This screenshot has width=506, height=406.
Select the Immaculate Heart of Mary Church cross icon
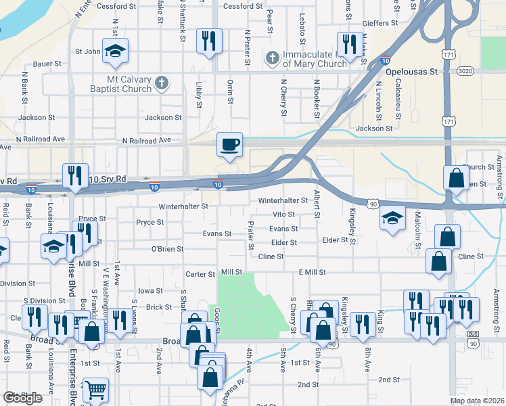[273, 58]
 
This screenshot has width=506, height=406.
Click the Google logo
[22, 398]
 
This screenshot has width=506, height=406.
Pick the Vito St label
[284, 215]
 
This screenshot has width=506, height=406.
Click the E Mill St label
[313, 272]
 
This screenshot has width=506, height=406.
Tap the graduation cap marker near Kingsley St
[392, 219]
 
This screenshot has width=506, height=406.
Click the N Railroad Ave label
[146, 141]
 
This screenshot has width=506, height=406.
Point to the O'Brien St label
[167, 249]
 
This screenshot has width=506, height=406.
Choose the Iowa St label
[152, 291]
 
